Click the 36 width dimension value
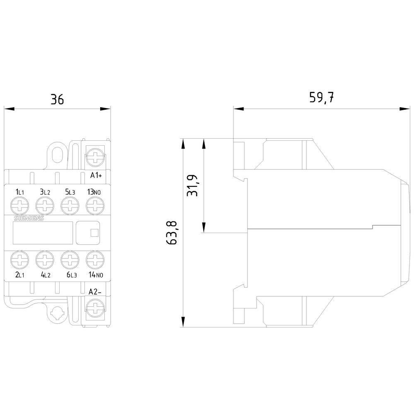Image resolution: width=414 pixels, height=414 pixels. tap(57, 99)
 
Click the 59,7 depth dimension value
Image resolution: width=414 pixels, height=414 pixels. tap(321, 98)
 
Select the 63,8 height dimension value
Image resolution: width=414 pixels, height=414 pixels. tap(173, 233)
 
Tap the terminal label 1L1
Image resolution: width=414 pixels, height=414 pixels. tap(20, 192)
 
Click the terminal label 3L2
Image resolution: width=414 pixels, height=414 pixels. tap(45, 192)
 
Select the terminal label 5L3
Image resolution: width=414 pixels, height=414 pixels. tap(70, 192)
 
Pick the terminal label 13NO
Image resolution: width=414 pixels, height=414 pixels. tap(95, 192)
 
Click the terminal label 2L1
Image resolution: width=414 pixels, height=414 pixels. tap(20, 274)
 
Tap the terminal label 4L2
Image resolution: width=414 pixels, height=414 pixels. tap(45, 274)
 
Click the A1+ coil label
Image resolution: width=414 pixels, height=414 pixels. tap(96, 175)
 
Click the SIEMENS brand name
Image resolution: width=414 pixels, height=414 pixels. tap(29, 219)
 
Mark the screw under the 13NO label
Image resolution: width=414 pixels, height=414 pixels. tap(95, 205)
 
